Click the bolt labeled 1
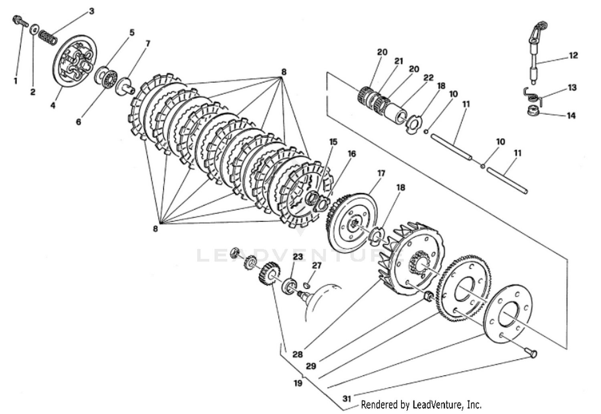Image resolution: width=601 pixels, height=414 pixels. [x=20, y=20]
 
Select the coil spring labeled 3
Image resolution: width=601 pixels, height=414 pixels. [x=48, y=38]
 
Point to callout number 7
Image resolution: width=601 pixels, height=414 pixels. [x=147, y=43]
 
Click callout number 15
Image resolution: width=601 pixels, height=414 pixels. [x=333, y=142]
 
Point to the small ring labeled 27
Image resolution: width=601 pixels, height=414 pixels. [x=307, y=285]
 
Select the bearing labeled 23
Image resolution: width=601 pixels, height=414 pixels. [x=290, y=286]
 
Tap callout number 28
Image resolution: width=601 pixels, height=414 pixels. [x=297, y=354]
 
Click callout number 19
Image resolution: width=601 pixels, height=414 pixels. [x=297, y=383]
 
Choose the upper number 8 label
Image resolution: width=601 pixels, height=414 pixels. [x=284, y=72]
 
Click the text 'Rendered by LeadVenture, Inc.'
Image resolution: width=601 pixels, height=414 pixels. [x=421, y=404]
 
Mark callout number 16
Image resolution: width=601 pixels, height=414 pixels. [x=351, y=154]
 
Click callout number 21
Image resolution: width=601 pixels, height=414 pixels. [x=398, y=61]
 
